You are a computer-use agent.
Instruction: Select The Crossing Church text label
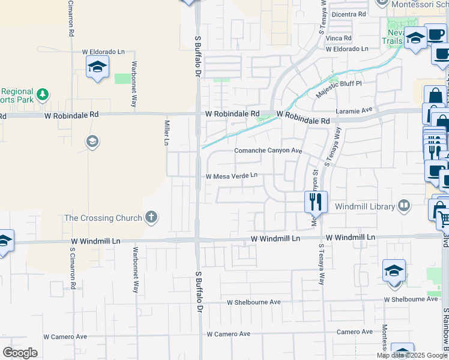[103, 218]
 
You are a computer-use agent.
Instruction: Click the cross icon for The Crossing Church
[151, 218]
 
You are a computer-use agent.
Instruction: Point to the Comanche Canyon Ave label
[268, 151]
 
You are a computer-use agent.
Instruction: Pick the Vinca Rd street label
[338, 38]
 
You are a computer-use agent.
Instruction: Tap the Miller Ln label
[166, 132]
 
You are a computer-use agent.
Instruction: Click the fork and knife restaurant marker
[316, 201]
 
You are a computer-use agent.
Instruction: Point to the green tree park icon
[43, 94]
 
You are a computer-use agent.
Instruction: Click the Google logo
[20, 353]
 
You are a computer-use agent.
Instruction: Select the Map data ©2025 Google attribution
[412, 355]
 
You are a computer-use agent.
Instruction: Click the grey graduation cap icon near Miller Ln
[92, 142]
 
